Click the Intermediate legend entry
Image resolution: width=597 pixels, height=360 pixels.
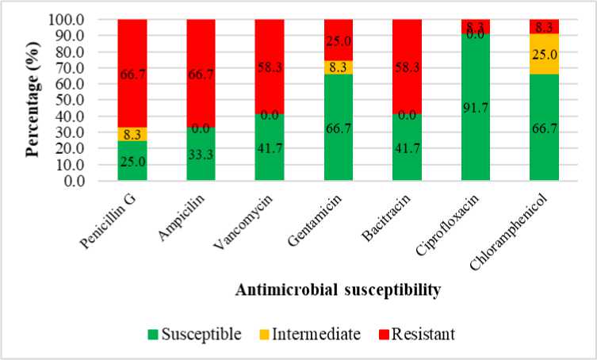pyautogui.click(x=308, y=334)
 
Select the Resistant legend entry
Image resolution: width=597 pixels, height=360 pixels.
pyautogui.click(x=419, y=334)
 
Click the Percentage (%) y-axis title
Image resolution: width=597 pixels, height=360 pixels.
pyautogui.click(x=33, y=101)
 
